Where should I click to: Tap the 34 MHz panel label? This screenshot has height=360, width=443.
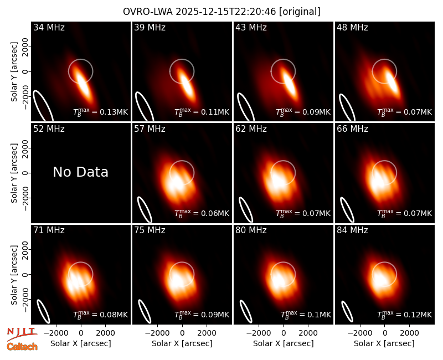[x=49, y=27]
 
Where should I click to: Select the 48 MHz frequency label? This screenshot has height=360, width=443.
[x=352, y=27]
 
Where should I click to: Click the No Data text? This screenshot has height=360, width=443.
[x=80, y=172]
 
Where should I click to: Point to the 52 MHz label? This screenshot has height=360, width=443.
[x=49, y=129]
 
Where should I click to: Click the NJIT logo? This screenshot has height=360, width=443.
[x=21, y=334]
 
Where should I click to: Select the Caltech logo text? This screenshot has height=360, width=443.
[x=22, y=347]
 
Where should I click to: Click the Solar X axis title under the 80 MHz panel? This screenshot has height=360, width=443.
[x=283, y=343]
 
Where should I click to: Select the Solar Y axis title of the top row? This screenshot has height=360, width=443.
[x=14, y=72]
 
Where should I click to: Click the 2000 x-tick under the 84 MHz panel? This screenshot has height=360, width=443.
[x=409, y=333]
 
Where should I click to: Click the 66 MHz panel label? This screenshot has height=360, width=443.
[x=352, y=129]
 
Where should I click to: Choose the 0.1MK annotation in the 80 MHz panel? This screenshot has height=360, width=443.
[x=306, y=314]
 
